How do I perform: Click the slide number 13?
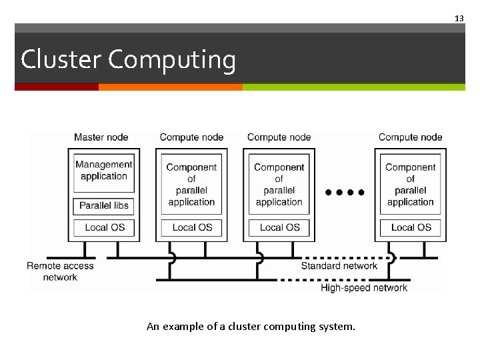tap(459, 19)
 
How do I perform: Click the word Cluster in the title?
tap(61, 59)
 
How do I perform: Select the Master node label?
tap(101, 137)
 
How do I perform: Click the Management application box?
tap(104, 171)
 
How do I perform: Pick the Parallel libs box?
tap(104, 205)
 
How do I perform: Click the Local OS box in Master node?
tap(104, 227)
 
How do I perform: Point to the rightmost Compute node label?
tap(410, 137)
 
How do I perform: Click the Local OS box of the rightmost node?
tap(411, 227)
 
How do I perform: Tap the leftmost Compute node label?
tap(191, 137)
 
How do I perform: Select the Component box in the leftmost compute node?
tap(191, 185)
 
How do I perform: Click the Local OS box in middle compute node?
tap(279, 227)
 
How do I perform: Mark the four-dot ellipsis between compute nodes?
tap(345, 192)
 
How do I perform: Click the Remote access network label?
tap(60, 271)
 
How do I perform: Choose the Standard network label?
tap(339, 266)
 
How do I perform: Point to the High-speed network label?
tap(364, 288)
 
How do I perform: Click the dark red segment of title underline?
tap(57, 87)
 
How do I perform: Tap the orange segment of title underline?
tap(170, 87)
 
